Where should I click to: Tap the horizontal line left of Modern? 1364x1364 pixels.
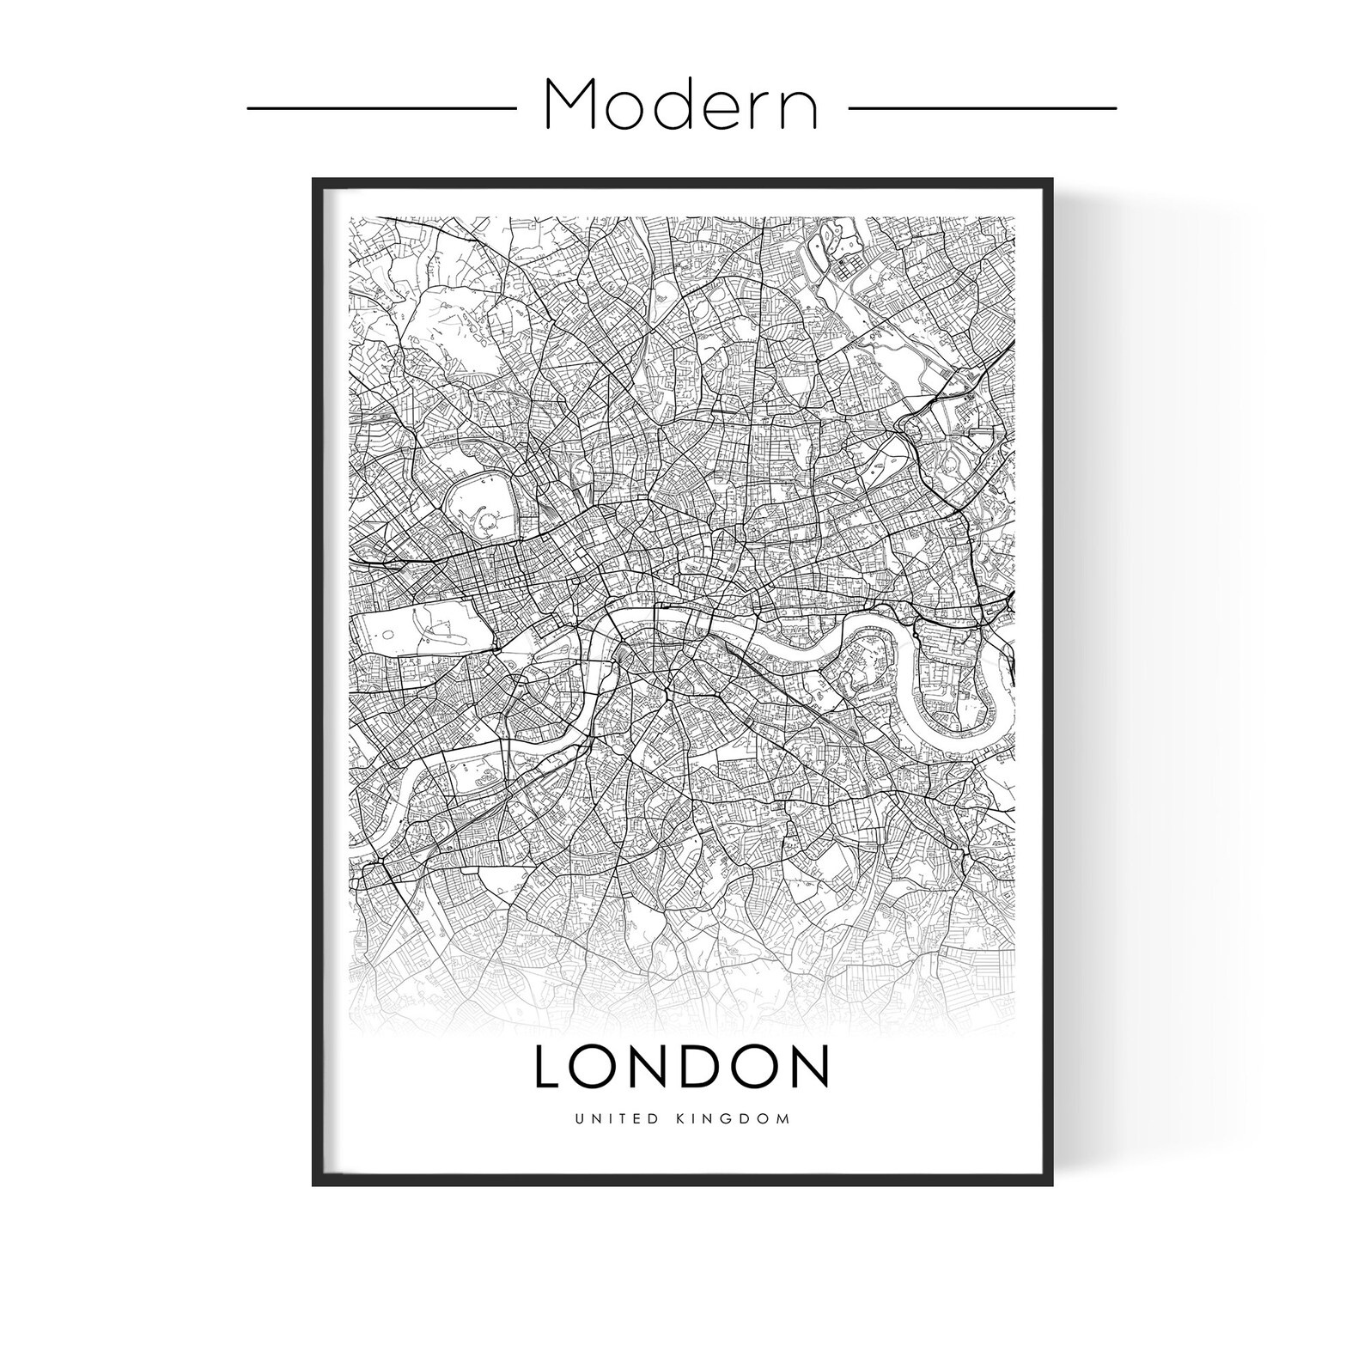381,108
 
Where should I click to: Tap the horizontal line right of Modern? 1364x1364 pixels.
982,108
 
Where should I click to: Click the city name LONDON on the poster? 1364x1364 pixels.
681,1066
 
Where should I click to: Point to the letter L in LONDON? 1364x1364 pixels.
549,1066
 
